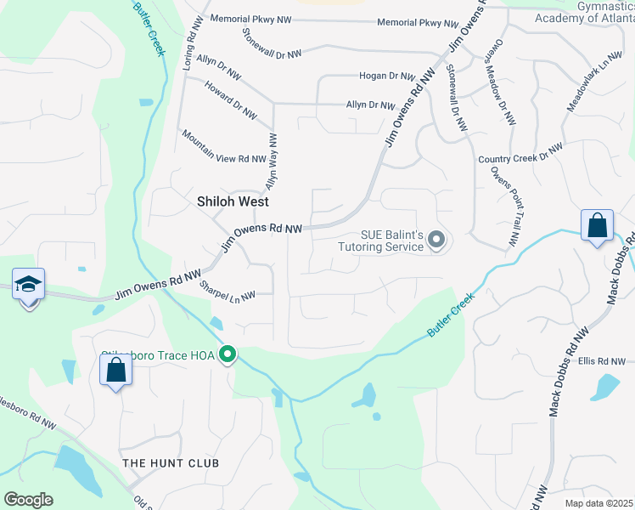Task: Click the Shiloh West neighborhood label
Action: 233,201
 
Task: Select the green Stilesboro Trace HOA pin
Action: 227,354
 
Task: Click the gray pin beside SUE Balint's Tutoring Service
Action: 436,241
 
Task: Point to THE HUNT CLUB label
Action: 171,463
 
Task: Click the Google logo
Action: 28,500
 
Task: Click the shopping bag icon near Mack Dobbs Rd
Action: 598,227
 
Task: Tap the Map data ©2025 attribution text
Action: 598,503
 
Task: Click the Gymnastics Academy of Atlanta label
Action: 583,12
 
